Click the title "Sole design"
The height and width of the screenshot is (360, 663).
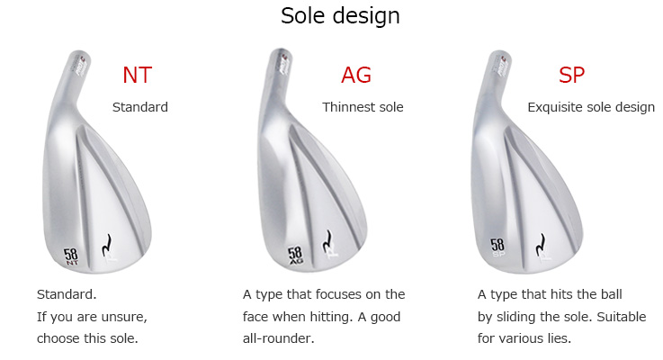coord(340,16)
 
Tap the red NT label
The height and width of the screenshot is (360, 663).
coord(137,76)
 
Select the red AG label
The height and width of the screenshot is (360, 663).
coord(356,76)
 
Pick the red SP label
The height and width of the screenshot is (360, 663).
coord(571,76)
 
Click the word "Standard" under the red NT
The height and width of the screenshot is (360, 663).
coord(140,107)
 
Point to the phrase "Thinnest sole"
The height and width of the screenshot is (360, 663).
coord(363,107)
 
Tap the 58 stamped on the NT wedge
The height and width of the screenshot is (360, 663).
coord(71,254)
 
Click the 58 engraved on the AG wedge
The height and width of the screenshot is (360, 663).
coord(295,253)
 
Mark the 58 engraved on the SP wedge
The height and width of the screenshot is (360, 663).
coord(497,245)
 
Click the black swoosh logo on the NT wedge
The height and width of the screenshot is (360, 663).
coord(107,246)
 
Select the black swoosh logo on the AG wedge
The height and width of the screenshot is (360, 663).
coord(327,242)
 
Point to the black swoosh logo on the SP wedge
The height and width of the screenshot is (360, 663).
coord(541,246)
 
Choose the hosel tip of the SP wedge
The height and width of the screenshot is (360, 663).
coord(500,55)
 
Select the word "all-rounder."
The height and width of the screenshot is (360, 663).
coord(278,338)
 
